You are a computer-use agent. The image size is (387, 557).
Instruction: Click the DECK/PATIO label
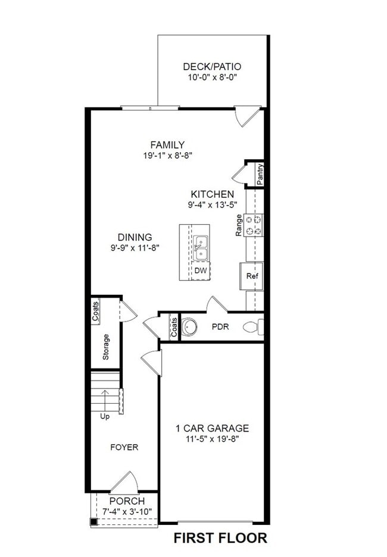tap(212, 67)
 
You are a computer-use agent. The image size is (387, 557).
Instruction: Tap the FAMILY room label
tap(167, 144)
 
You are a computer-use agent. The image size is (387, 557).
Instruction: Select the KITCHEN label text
tap(212, 194)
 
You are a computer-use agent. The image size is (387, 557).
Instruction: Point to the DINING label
tap(135, 237)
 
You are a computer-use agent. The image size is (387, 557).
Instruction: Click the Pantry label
tap(260, 175)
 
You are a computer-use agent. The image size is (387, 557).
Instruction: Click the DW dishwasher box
tap(201, 271)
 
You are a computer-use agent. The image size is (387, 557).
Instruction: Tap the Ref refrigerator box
tap(252, 276)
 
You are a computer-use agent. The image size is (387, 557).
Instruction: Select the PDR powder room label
tap(220, 326)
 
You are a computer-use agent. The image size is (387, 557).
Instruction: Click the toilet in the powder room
tap(253, 327)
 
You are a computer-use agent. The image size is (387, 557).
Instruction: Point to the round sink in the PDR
tap(190, 326)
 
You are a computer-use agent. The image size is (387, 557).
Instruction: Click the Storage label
tap(106, 347)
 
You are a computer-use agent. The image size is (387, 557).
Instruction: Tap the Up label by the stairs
tap(105, 416)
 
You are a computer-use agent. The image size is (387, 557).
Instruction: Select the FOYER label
tap(124, 447)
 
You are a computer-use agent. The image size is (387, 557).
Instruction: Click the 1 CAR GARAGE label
tap(212, 428)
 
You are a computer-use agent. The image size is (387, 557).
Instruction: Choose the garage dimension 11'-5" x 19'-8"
tap(212, 440)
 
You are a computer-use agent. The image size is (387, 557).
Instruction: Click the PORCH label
tap(127, 501)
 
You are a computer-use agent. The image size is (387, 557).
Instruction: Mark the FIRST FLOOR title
tap(220, 539)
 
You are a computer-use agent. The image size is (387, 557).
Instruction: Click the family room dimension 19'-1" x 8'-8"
tap(167, 155)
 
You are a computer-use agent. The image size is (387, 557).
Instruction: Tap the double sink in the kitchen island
tap(201, 247)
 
